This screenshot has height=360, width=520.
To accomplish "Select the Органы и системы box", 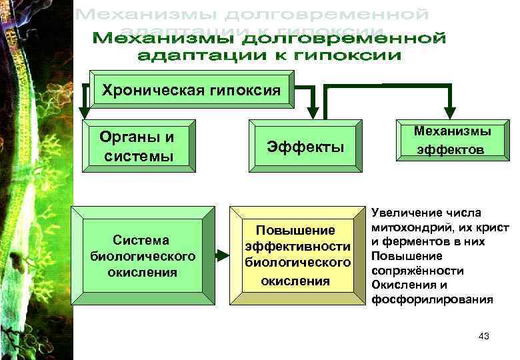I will pyautogui.click(x=137, y=146).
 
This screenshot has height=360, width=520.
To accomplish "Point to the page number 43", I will pyautogui.click(x=484, y=337).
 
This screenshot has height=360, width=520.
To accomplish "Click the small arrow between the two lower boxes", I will pyautogui.click(x=221, y=255).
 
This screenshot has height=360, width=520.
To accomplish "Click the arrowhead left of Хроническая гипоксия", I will pyautogui.click(x=83, y=110).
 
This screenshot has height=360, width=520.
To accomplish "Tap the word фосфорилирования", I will pyautogui.click(x=433, y=299).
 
